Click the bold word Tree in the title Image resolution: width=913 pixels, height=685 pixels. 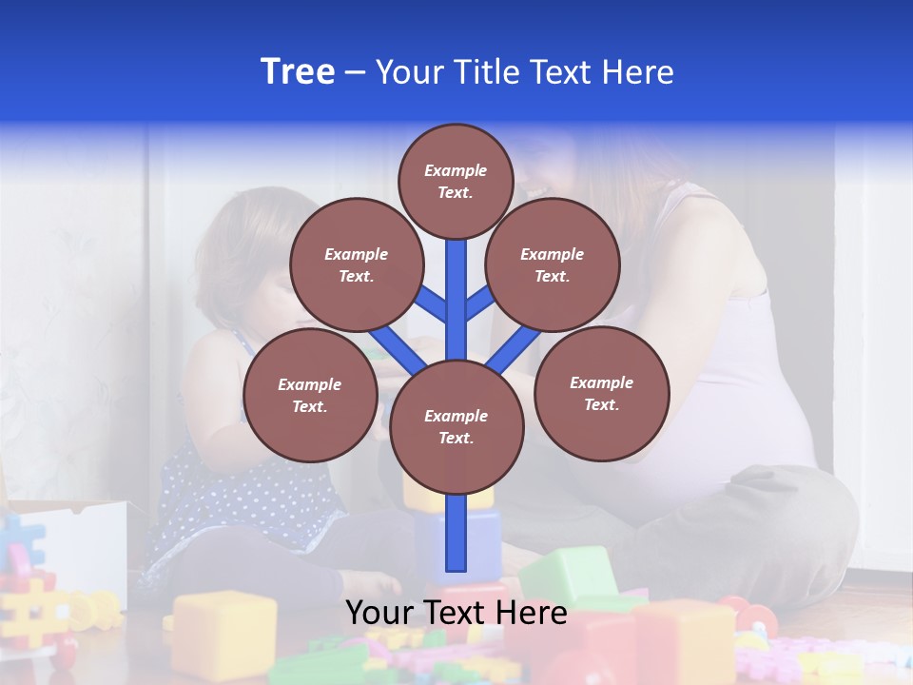[298, 72]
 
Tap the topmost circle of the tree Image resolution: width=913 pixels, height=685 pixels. [456, 181]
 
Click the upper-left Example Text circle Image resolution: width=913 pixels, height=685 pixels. [356, 264]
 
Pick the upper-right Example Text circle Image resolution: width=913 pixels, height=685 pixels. [552, 264]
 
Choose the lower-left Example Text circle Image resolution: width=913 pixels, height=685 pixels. [309, 395]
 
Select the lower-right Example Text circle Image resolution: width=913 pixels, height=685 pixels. [601, 393]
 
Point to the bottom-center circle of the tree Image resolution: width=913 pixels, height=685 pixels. [456, 426]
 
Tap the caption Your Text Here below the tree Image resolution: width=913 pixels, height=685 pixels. [456, 613]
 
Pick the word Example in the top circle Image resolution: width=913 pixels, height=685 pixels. [456, 170]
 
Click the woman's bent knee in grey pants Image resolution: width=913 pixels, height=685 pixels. [808, 504]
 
